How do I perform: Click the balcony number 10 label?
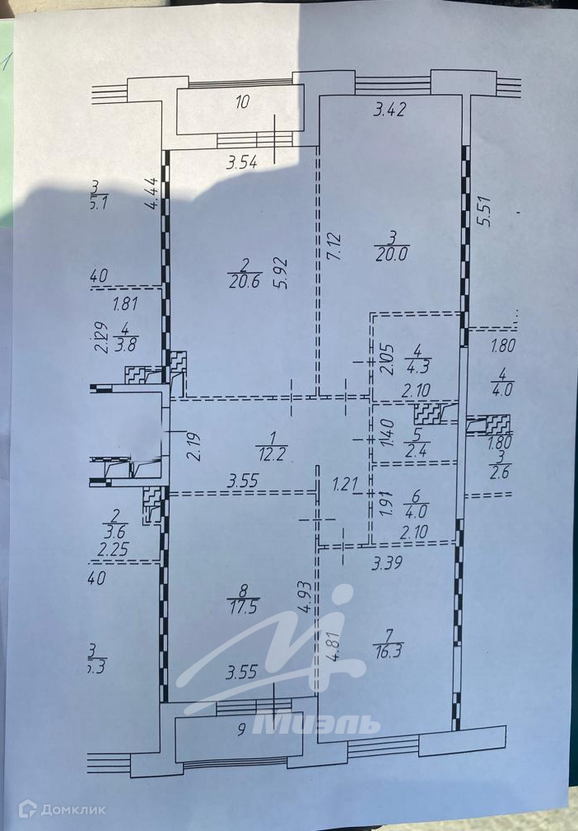pos(242,103)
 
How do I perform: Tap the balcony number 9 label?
pos(241,729)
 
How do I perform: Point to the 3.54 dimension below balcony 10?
pos(242,162)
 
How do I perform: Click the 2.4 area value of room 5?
pos(415,450)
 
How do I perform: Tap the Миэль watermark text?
pos(316,725)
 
